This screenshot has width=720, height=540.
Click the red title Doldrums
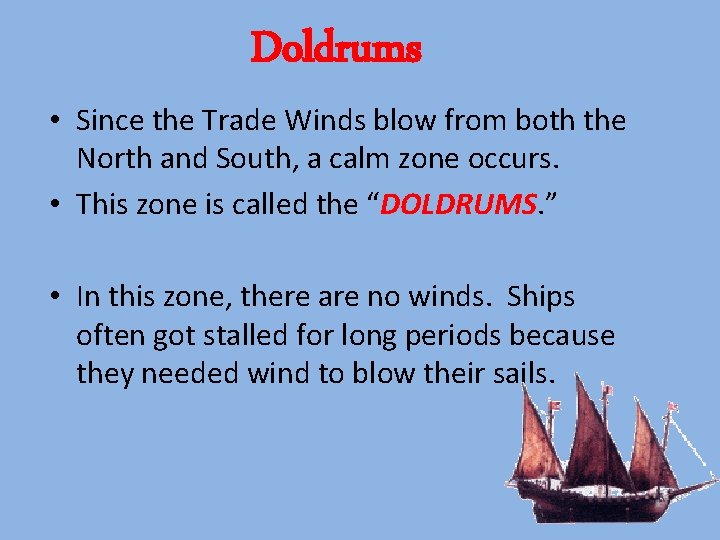point(336,47)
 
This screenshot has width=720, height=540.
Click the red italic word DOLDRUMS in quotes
point(460,204)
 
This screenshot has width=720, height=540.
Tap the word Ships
point(541,297)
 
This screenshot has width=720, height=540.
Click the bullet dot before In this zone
point(59,298)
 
